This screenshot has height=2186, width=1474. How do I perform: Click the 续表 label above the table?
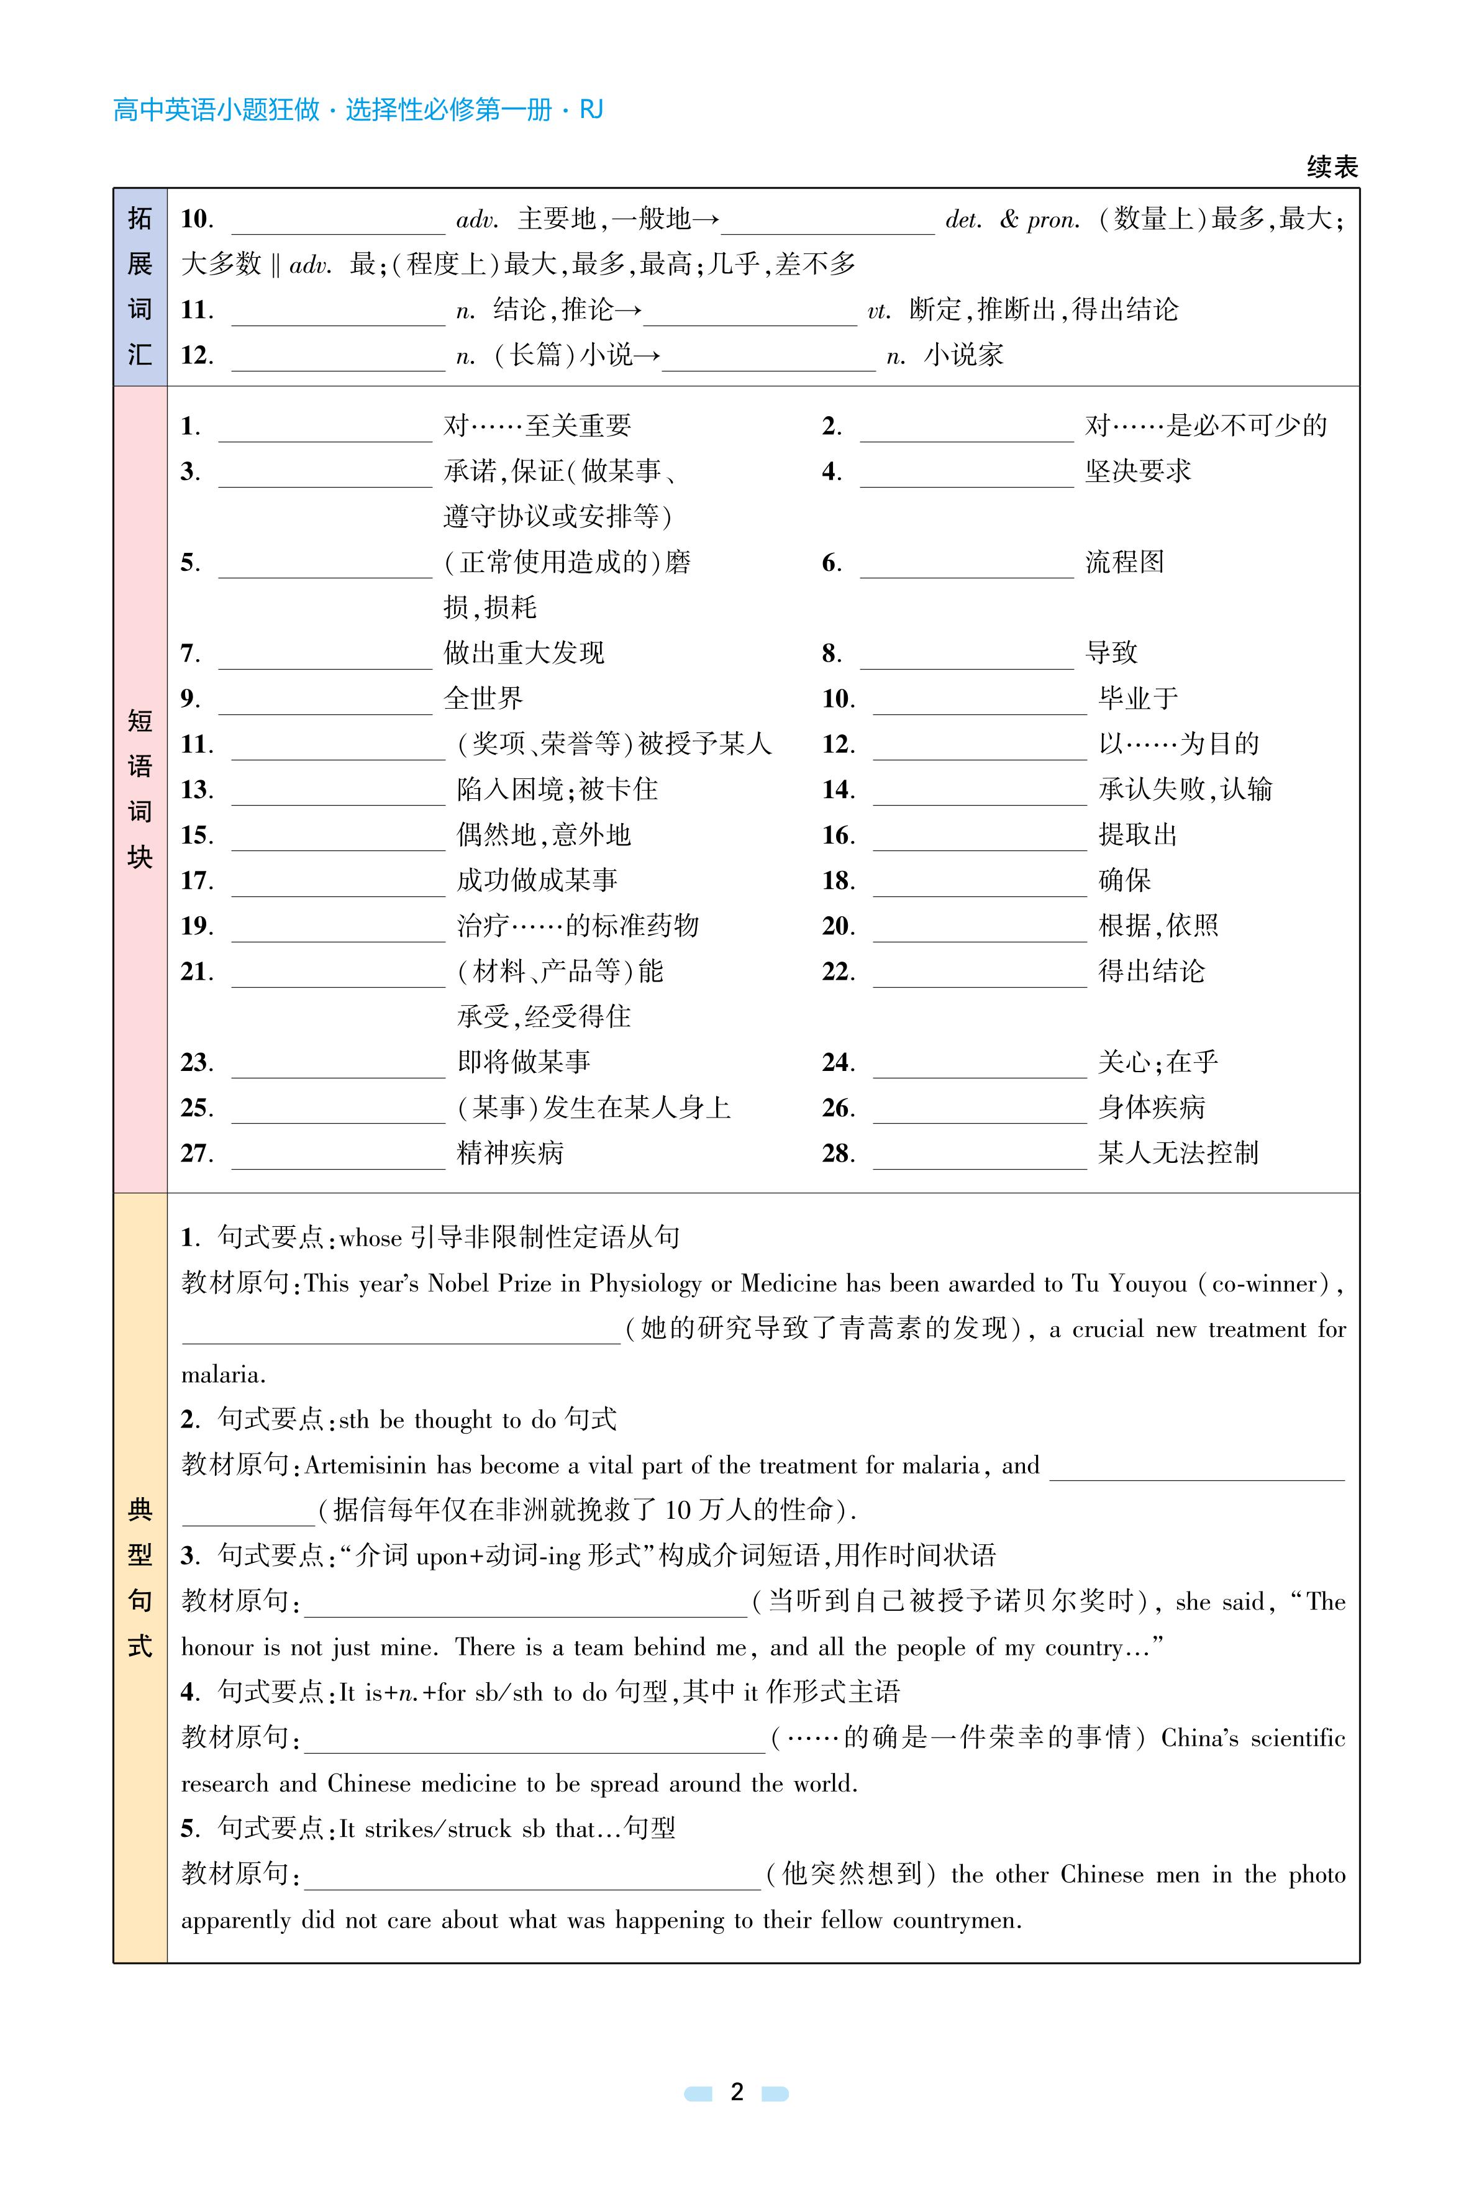point(1331,167)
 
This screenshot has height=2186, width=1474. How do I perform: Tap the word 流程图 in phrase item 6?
point(1126,562)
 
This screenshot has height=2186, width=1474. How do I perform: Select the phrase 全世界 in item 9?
point(483,699)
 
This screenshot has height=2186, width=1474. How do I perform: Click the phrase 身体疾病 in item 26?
point(1152,1108)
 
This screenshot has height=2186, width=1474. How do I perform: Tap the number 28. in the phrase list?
point(837,1154)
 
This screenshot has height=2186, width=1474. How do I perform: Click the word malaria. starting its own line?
point(223,1375)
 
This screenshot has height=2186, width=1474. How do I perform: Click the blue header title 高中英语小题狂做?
point(216,110)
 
